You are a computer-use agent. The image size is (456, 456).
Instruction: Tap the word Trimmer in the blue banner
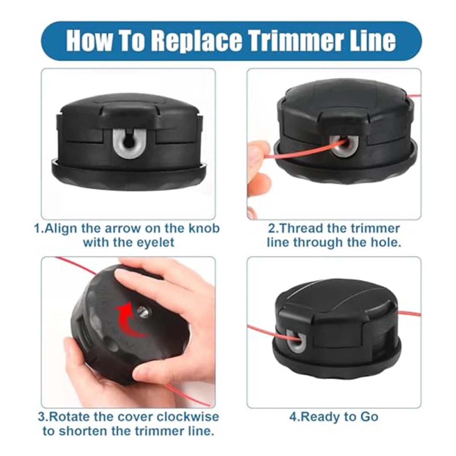[x=296, y=41]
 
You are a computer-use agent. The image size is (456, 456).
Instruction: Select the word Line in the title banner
[x=372, y=41]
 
